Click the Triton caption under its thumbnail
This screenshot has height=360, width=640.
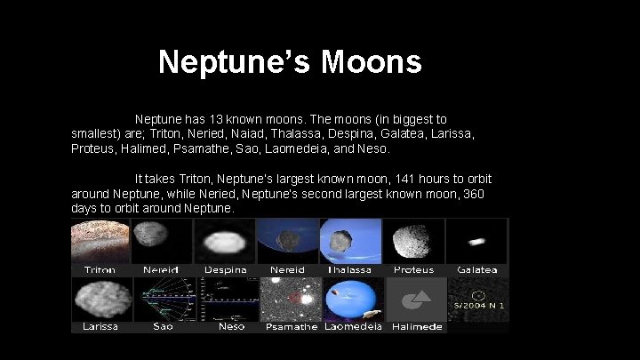[100, 269]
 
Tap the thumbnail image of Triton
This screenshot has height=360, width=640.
[100, 241]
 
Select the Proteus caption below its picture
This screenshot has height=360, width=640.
[413, 269]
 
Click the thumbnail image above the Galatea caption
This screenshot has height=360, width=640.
[477, 241]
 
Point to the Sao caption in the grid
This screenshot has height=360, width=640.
[163, 326]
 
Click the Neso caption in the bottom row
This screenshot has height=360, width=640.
[230, 326]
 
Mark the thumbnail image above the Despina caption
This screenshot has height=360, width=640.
[225, 241]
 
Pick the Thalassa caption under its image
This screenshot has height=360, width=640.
[350, 269]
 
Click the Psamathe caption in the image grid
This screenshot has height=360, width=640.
[291, 326]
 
